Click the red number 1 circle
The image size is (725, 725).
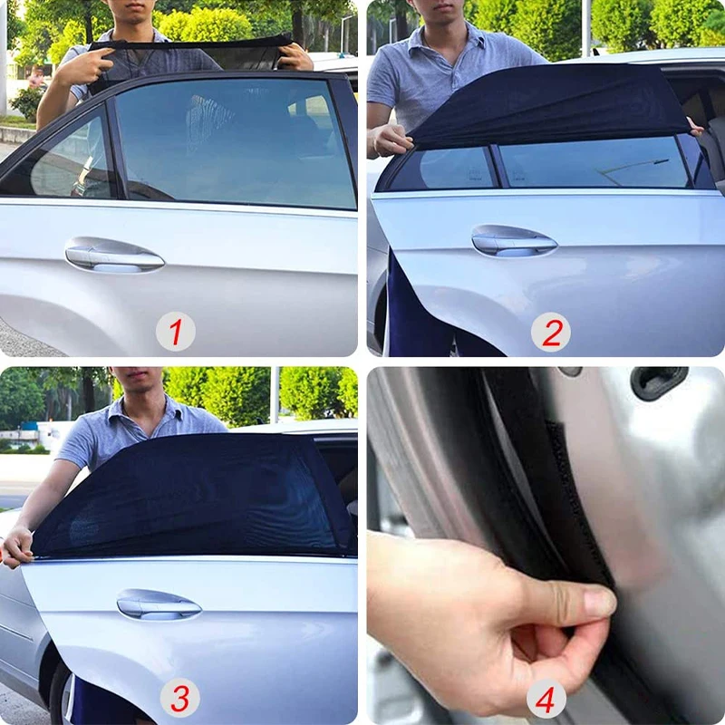176,331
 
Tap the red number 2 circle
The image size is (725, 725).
551,332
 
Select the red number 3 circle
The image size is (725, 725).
179,698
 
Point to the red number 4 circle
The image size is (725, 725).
546,698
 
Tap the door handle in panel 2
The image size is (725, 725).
514,241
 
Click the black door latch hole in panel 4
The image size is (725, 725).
658,382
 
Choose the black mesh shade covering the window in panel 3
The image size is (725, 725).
194,497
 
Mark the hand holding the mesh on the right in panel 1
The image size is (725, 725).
296,56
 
